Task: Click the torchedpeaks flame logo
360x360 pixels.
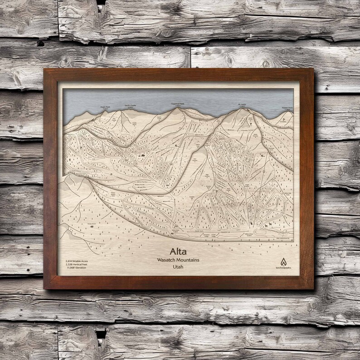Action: tap(283, 262)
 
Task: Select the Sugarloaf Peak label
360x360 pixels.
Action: tap(178, 103)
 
